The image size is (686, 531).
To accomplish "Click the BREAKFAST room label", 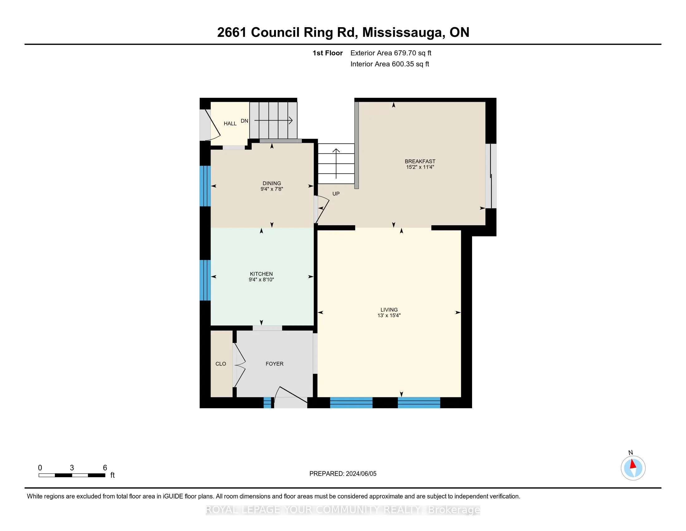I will click(420, 161).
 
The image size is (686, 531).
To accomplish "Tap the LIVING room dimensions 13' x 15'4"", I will click(389, 315).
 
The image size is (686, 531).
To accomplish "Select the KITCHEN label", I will click(261, 274).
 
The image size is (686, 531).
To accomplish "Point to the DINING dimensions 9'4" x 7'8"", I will click(272, 189).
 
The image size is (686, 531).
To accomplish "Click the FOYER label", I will click(274, 364).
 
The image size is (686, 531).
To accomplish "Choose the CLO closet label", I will click(220, 364).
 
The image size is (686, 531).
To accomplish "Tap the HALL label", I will click(230, 124).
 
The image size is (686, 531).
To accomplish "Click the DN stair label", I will click(244, 121).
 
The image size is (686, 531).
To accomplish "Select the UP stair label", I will click(336, 194).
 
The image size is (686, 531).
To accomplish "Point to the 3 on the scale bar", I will click(72, 468).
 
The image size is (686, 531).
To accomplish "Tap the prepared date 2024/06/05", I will click(360, 474).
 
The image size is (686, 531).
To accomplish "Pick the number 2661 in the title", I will click(232, 32).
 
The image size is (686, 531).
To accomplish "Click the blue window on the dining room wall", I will click(205, 186).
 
